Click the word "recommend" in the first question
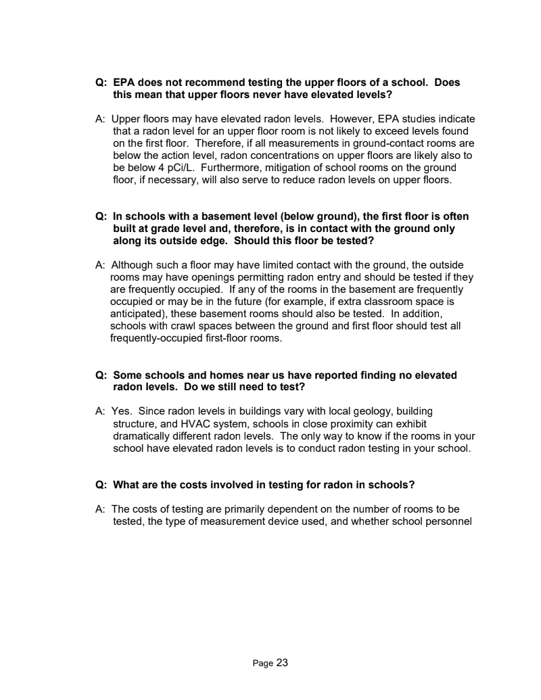click(202, 83)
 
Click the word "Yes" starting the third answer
click(120, 411)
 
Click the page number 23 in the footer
click(282, 663)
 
